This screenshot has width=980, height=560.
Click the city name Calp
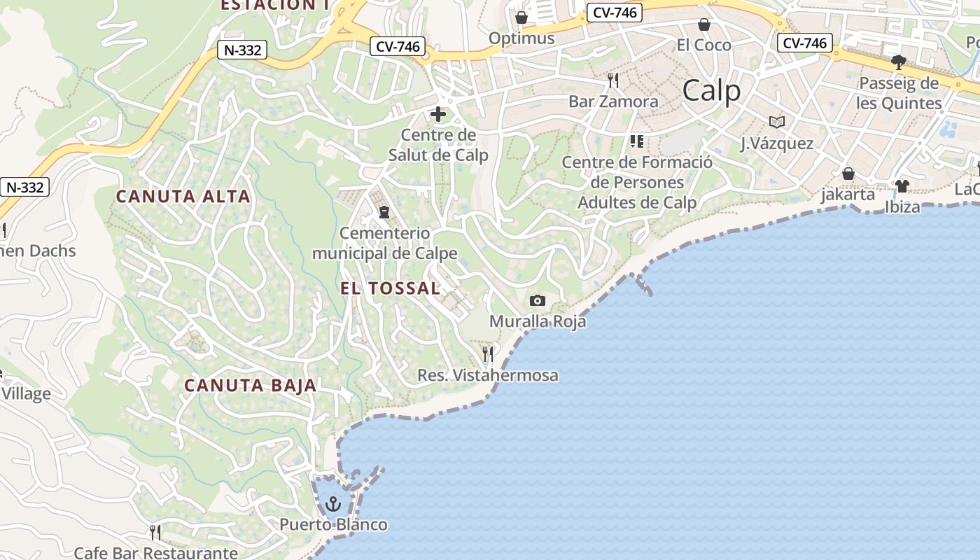pos(711,91)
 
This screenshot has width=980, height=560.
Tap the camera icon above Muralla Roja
pos(538,301)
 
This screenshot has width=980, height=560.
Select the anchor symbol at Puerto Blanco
pos(333,504)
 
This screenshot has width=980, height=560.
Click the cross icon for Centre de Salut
pos(438,114)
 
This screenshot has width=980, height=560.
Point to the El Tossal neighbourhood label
pos(391,288)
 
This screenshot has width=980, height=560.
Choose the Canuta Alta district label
pos(183,197)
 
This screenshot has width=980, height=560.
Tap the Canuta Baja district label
pos(251,385)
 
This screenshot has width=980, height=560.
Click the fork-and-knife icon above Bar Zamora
pos(613,80)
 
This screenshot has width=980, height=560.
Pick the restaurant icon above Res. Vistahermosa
pos(488,354)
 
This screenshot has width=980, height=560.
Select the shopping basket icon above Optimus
pos(521,17)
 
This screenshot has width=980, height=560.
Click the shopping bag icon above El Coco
pos(704,25)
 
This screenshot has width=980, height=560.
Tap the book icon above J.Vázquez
pos(777,122)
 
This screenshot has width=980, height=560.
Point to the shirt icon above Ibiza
pos(902,186)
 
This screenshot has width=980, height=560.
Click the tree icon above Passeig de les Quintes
pos(899,62)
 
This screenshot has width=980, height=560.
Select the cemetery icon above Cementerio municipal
pos(384,211)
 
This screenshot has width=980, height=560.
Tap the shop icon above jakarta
pos(848,174)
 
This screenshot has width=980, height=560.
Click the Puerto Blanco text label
pos(333,524)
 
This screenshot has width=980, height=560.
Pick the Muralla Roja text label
pos(538,322)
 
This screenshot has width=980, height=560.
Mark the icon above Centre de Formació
pos(637,141)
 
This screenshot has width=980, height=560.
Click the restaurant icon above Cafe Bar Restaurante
pos(155,533)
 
